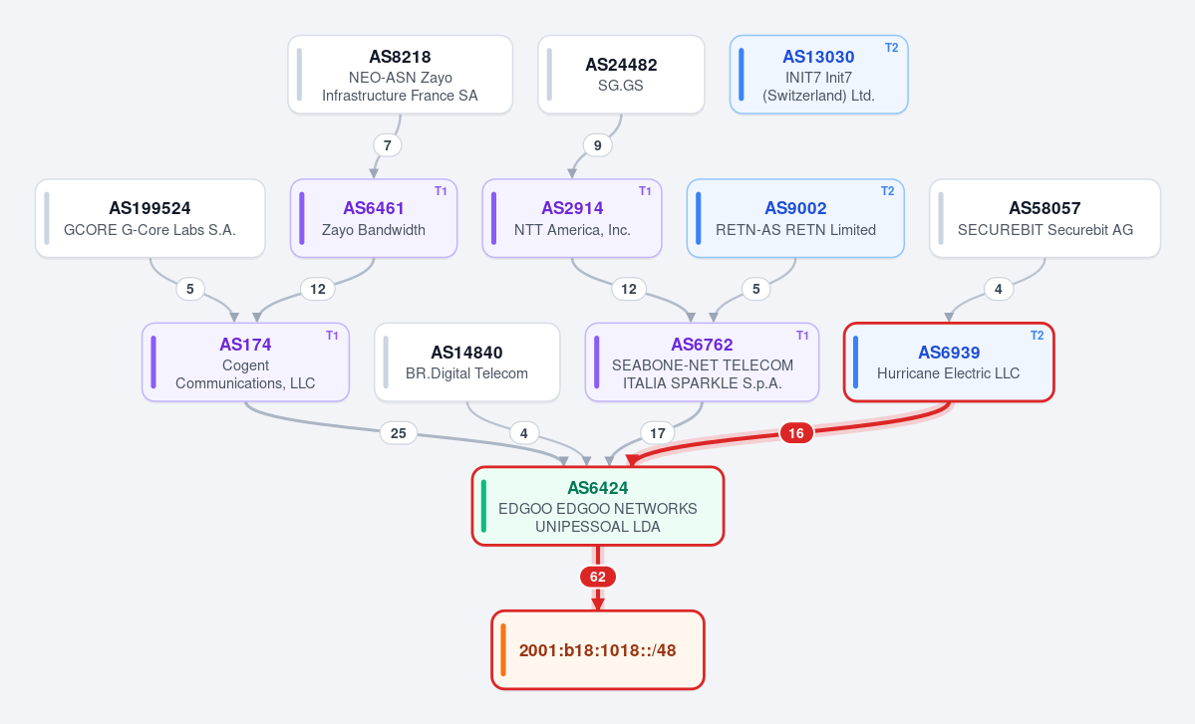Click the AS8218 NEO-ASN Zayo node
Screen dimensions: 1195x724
400,75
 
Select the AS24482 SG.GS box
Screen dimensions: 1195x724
621,75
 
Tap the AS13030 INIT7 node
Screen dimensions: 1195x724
818,75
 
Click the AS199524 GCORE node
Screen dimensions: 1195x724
150,218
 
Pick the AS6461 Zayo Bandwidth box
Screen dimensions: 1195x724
374,218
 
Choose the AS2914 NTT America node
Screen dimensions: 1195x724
572,218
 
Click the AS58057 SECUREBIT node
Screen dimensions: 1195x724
1045,218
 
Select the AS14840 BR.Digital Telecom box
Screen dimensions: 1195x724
467,362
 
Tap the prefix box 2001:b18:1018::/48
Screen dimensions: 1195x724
598,650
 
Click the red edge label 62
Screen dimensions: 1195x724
598,577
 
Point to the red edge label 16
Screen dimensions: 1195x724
795,433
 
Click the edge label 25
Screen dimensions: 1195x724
398,433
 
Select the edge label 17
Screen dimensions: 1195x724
657,433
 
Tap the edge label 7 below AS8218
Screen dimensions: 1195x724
387,145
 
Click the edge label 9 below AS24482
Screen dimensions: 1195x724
598,145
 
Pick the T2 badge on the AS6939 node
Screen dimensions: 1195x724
1038,336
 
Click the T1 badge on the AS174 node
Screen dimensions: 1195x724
332,336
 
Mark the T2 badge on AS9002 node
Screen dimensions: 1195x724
888,191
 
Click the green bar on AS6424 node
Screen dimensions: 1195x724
484,506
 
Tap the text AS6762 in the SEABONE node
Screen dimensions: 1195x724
702,345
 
